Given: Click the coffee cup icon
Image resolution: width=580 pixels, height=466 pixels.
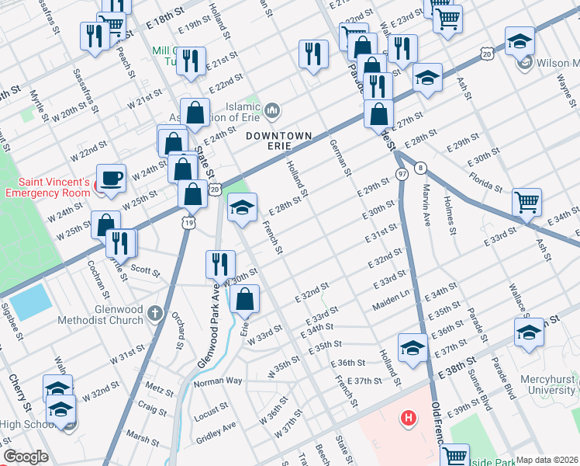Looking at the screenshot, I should pyautogui.click(x=111, y=178).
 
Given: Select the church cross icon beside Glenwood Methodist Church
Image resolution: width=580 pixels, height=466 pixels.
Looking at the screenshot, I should pyautogui.click(x=155, y=314).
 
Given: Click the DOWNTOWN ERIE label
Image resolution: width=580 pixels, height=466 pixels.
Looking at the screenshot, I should pyautogui.click(x=278, y=136).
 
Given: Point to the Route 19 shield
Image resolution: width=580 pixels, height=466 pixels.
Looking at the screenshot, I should pyautogui.click(x=188, y=222).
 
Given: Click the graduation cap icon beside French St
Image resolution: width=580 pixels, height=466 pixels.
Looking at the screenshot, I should pyautogui.click(x=242, y=207).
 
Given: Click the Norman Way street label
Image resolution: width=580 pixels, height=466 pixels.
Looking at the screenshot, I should pyautogui.click(x=218, y=381).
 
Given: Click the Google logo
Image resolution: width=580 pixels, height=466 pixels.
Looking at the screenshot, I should pyautogui.click(x=26, y=457).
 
